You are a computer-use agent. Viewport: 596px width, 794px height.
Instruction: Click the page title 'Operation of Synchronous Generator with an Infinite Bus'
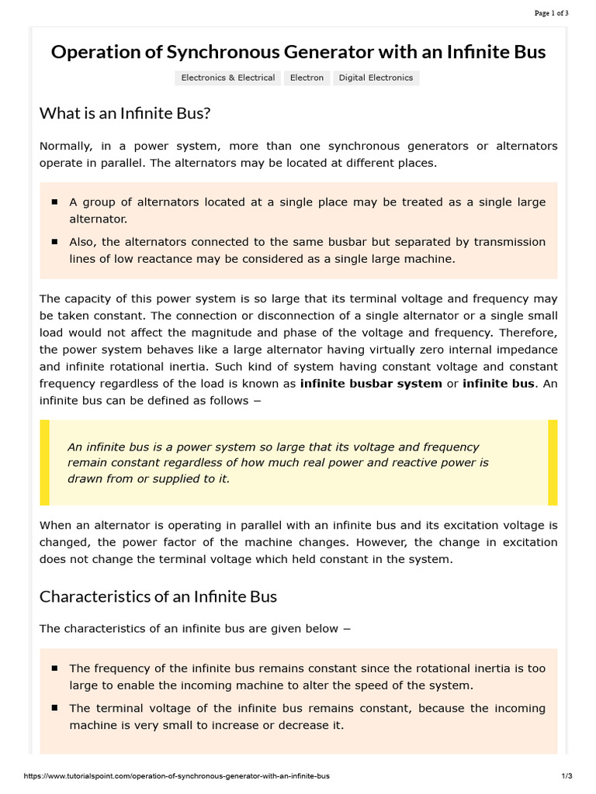[298, 52]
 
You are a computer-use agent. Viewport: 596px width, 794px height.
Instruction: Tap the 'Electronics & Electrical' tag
[228, 78]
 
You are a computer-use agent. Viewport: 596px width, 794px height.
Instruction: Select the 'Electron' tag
[307, 78]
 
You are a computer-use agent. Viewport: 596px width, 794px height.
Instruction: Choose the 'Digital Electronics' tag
[376, 78]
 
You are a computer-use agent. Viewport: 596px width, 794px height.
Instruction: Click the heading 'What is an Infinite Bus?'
[125, 113]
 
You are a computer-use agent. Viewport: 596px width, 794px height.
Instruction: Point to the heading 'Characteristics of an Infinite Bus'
[158, 596]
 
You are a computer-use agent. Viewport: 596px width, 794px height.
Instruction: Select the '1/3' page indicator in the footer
[567, 775]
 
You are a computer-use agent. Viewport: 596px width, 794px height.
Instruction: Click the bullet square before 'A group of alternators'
[54, 202]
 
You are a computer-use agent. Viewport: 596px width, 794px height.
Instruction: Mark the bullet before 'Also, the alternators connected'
[54, 242]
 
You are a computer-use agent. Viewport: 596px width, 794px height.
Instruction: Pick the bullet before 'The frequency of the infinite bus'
[54, 668]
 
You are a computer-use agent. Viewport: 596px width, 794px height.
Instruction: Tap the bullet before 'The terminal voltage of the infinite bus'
[54, 708]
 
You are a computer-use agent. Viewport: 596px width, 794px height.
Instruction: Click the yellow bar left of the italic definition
[44, 463]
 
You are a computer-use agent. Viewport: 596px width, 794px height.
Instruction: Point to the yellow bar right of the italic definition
[553, 463]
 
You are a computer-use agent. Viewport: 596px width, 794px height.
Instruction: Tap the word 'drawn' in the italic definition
[84, 478]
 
